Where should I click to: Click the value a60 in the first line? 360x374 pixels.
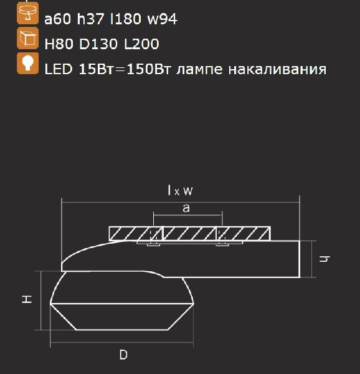tap(57, 19)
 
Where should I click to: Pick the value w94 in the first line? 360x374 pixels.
tap(162, 19)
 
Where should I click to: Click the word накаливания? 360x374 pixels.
tap(276, 69)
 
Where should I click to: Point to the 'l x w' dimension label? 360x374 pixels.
tap(181, 191)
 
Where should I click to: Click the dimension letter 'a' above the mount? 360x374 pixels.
tap(186, 209)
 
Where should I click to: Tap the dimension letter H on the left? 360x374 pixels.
tap(27, 300)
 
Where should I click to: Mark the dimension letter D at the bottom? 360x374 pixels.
tap(123, 355)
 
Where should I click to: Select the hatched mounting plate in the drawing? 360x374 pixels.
tap(190, 234)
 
